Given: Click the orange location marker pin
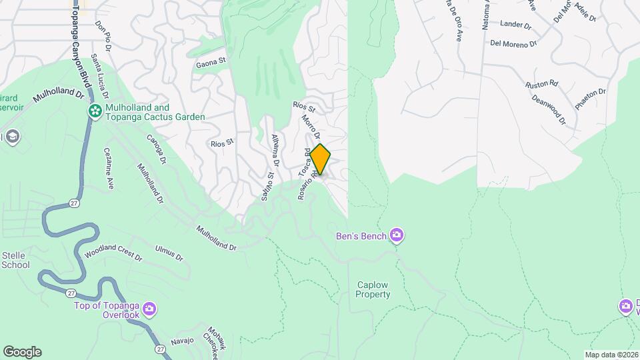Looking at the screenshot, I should tap(320, 159).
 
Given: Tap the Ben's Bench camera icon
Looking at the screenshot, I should tap(397, 235).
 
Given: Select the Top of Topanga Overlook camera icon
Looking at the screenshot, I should tap(149, 309).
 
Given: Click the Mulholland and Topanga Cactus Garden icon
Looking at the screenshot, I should tap(95, 111).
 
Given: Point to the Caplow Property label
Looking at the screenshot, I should tap(373, 289).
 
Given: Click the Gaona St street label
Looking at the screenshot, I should tap(211, 64).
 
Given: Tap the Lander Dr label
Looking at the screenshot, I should tap(515, 25).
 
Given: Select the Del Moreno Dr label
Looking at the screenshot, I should tap(513, 44).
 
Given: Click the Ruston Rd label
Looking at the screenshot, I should tap(541, 85).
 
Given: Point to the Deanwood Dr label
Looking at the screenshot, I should tap(549, 109).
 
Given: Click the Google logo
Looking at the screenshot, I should tap(22, 352).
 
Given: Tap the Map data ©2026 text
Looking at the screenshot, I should tap(611, 355).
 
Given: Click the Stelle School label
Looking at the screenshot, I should tap(15, 260).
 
